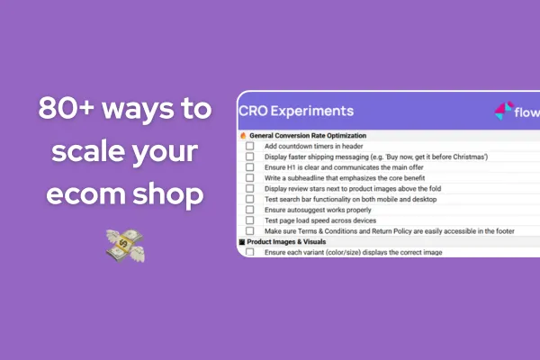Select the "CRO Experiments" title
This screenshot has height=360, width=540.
coord(296,112)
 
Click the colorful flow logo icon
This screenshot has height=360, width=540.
coord(503,112)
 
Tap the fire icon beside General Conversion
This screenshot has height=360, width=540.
coord(242,135)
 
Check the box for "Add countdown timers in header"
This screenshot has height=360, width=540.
coord(250,146)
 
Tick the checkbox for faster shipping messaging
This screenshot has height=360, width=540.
coord(250,157)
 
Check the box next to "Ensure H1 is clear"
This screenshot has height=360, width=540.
coord(250,167)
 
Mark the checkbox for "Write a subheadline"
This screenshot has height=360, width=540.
coord(250,178)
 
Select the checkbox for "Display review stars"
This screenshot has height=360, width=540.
coord(250,189)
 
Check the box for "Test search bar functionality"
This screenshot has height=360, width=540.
coord(250,199)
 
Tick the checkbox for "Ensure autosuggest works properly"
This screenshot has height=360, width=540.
coord(250,210)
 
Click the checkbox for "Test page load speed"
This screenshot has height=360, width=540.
coord(250,220)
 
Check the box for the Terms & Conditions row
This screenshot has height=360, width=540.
coord(250,231)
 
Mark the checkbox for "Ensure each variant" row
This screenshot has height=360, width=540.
coord(250,253)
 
